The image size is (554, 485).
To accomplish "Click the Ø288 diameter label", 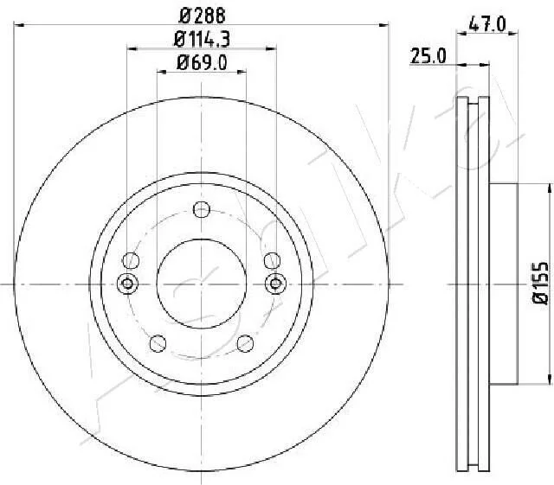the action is [202, 16].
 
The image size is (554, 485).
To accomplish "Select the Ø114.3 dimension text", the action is [202, 39].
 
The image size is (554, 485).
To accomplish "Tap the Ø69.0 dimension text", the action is [202, 63].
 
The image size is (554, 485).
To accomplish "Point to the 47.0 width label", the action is [487, 25].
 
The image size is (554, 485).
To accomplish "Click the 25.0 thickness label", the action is [428, 56].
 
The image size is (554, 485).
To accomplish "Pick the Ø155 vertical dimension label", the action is [540, 283].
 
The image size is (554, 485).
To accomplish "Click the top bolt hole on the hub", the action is [202, 210].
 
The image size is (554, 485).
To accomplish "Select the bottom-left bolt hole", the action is [158, 343].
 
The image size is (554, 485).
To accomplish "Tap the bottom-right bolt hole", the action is [245, 343].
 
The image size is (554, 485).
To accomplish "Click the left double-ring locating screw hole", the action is [127, 284].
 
